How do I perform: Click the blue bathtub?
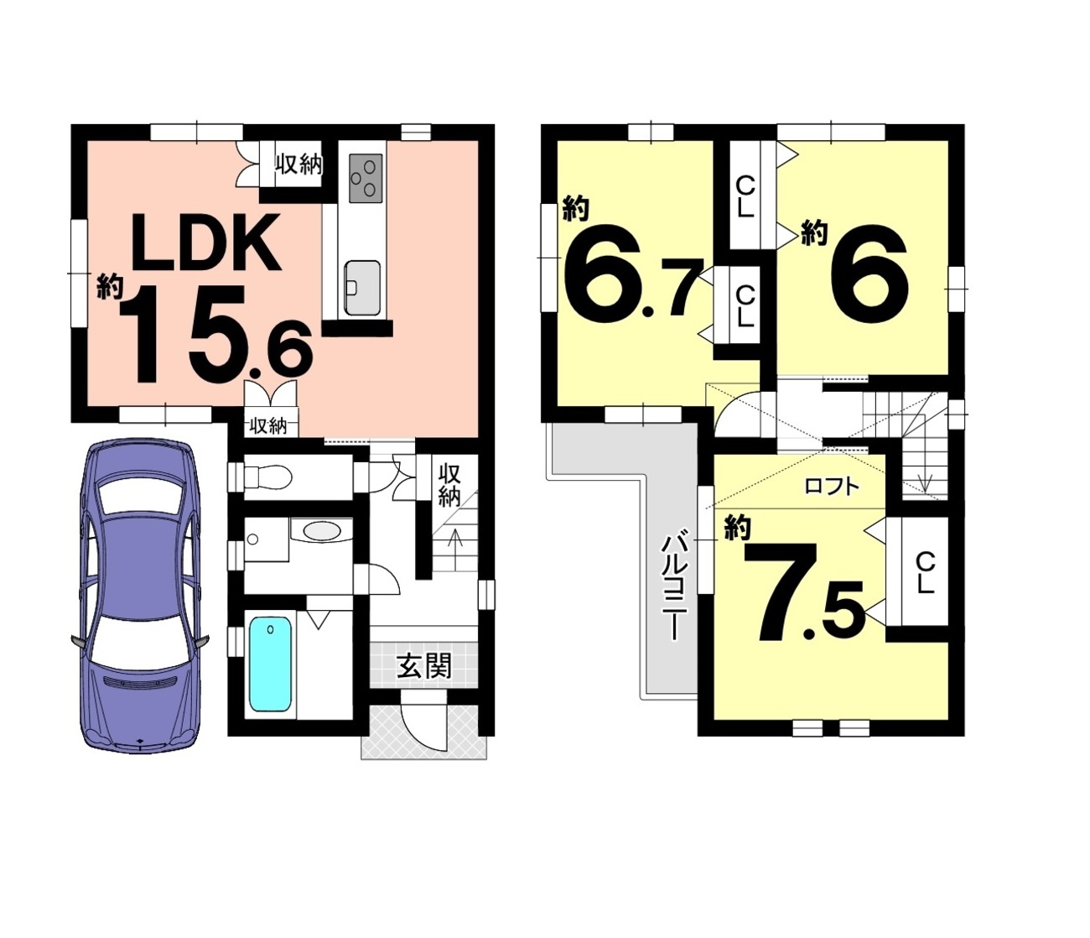[271, 664]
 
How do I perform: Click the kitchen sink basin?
[362, 288]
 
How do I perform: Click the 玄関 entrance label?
[424, 665]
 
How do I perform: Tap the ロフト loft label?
[832, 486]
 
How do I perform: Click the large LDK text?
[205, 242]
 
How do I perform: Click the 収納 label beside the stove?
[298, 165]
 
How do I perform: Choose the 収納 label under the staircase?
[449, 485]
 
